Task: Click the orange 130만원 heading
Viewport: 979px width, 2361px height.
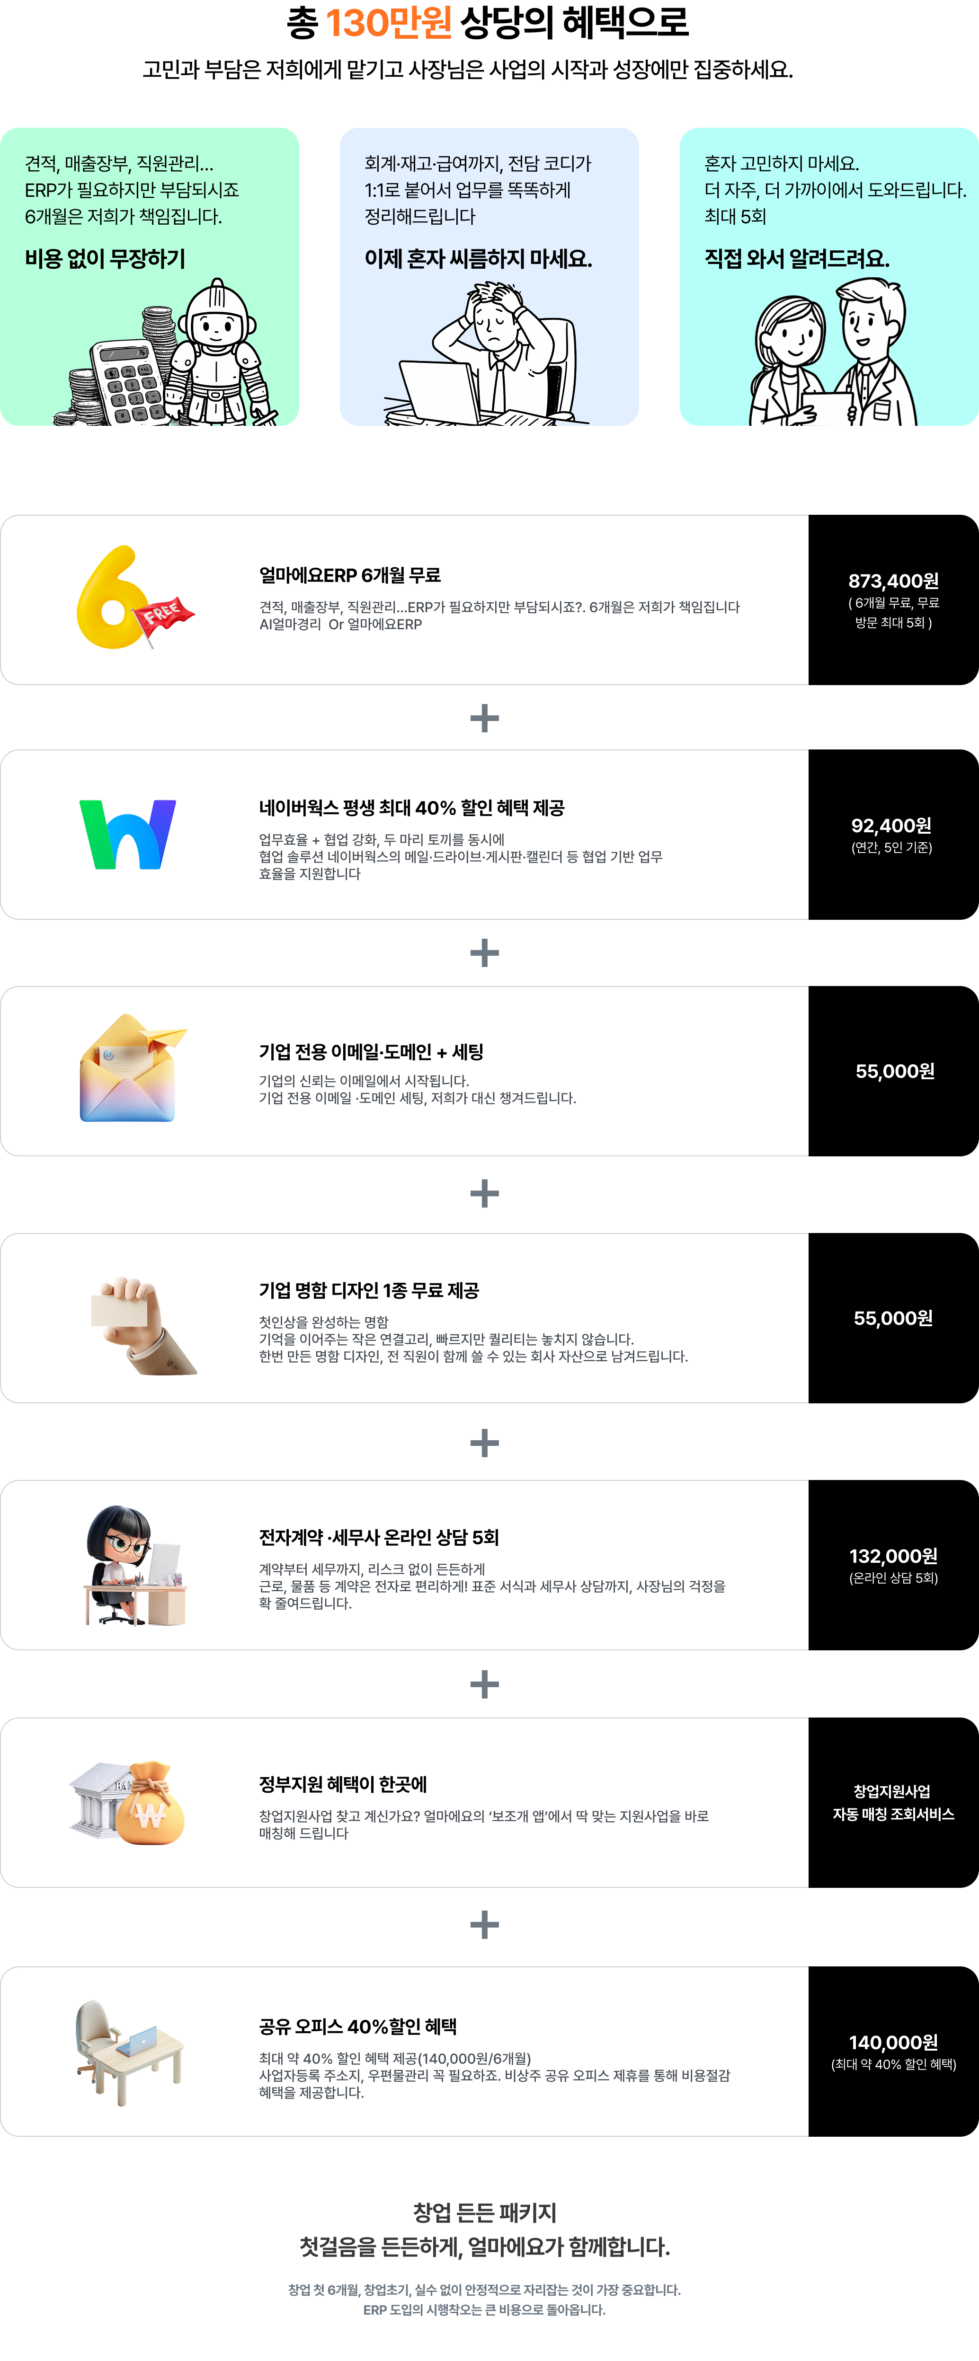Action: point(389,23)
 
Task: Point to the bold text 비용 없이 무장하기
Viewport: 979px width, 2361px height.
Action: point(106,259)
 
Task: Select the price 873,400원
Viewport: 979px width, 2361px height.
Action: point(893,581)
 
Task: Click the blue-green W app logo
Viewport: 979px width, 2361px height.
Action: point(127,834)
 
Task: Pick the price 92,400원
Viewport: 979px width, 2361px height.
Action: point(891,826)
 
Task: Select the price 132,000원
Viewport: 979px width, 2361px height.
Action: point(893,1556)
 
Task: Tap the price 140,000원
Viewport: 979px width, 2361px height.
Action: point(893,2043)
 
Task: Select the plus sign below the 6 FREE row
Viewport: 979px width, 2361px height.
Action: point(484,718)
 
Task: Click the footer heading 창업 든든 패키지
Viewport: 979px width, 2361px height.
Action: point(484,2212)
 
